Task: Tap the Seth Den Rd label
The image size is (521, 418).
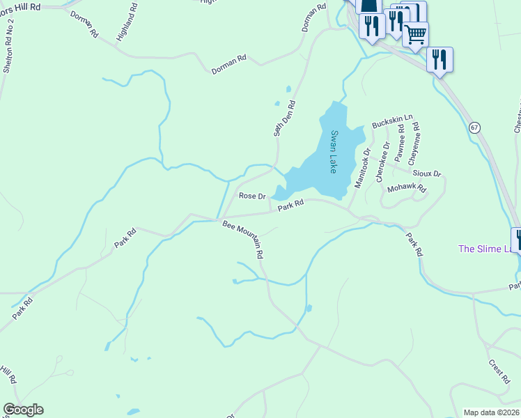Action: pos(284,118)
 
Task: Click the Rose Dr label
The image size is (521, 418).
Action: pos(253,196)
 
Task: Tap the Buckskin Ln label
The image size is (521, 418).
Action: pos(392,121)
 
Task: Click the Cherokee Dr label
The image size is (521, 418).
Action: pos(382,162)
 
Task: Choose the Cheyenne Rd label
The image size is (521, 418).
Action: pos(416,139)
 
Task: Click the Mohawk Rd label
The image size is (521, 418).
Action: pos(406,188)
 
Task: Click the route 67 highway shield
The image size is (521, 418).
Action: pos(474,127)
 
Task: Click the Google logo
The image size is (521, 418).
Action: pos(23,410)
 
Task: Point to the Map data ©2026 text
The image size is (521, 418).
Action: pos(491,412)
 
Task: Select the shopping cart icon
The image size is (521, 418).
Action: pos(415,33)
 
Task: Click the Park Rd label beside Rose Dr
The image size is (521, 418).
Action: pos(291,205)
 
